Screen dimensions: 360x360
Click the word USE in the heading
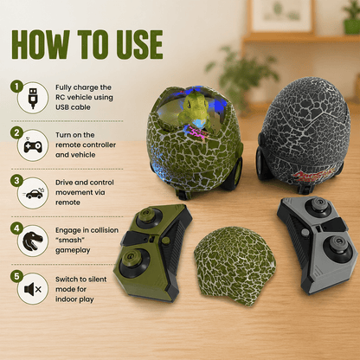(x=139, y=45)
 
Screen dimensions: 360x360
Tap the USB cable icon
(x=33, y=98)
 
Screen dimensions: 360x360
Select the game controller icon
(x=33, y=145)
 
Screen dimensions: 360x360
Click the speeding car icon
(x=34, y=193)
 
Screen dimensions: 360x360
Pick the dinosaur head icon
(x=33, y=241)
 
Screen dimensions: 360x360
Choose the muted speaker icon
(x=33, y=289)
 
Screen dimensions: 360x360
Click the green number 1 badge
(x=16, y=87)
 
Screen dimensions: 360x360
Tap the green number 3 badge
(x=16, y=181)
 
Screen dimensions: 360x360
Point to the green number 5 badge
(x=16, y=276)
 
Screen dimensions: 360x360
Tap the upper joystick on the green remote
(x=151, y=218)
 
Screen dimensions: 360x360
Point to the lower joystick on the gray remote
(x=337, y=247)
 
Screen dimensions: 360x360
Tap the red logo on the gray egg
(x=312, y=175)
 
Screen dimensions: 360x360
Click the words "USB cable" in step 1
(x=73, y=107)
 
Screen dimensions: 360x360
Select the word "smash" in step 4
(x=70, y=240)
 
